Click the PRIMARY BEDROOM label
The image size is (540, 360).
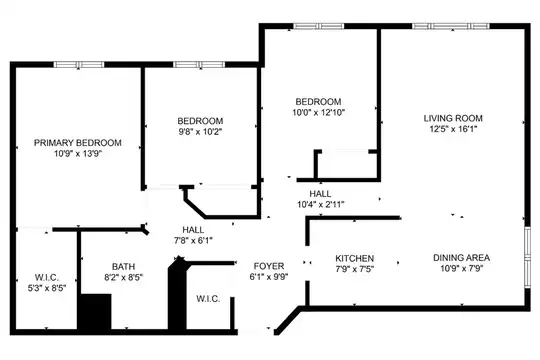[x=77, y=143]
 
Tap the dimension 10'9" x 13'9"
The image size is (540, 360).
[x=78, y=153]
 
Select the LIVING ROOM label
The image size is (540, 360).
[x=453, y=118]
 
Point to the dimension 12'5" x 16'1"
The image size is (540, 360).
[x=453, y=129]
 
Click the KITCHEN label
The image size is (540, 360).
[x=354, y=258]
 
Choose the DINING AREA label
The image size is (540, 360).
[x=461, y=257]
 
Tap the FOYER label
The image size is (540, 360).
[x=269, y=266]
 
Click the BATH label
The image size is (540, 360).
[x=123, y=266]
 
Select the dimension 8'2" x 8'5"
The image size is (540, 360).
[x=123, y=277]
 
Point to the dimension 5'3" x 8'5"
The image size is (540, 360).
[x=47, y=288]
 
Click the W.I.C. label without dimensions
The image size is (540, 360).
[x=208, y=299]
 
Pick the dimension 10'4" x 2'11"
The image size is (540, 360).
[x=321, y=204]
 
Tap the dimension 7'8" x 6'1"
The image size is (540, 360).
[x=193, y=240]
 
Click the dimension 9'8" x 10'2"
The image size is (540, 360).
[x=200, y=131]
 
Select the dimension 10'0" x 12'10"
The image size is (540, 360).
[x=319, y=112]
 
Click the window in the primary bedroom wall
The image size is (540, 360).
[x=79, y=64]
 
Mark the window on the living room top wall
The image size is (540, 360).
[x=450, y=26]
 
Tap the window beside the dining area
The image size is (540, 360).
[x=527, y=256]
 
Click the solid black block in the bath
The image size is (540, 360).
[x=94, y=312]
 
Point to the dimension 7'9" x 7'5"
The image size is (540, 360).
[x=354, y=269]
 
